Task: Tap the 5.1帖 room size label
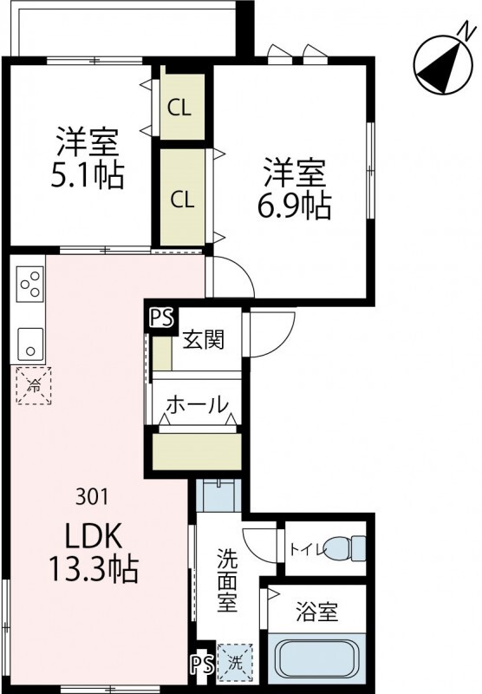pos(87,176)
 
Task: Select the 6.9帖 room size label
pos(295,206)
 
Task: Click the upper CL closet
pos(181,108)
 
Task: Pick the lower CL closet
pos(181,199)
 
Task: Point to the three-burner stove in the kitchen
pos(30,285)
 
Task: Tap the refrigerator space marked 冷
pos(33,383)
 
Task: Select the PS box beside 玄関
pos(160,318)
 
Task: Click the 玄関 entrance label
pos(204,339)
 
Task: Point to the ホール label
pos(197,404)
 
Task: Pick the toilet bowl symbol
pos(351,547)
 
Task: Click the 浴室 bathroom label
pos(316,612)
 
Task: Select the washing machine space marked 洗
pos(234,661)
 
